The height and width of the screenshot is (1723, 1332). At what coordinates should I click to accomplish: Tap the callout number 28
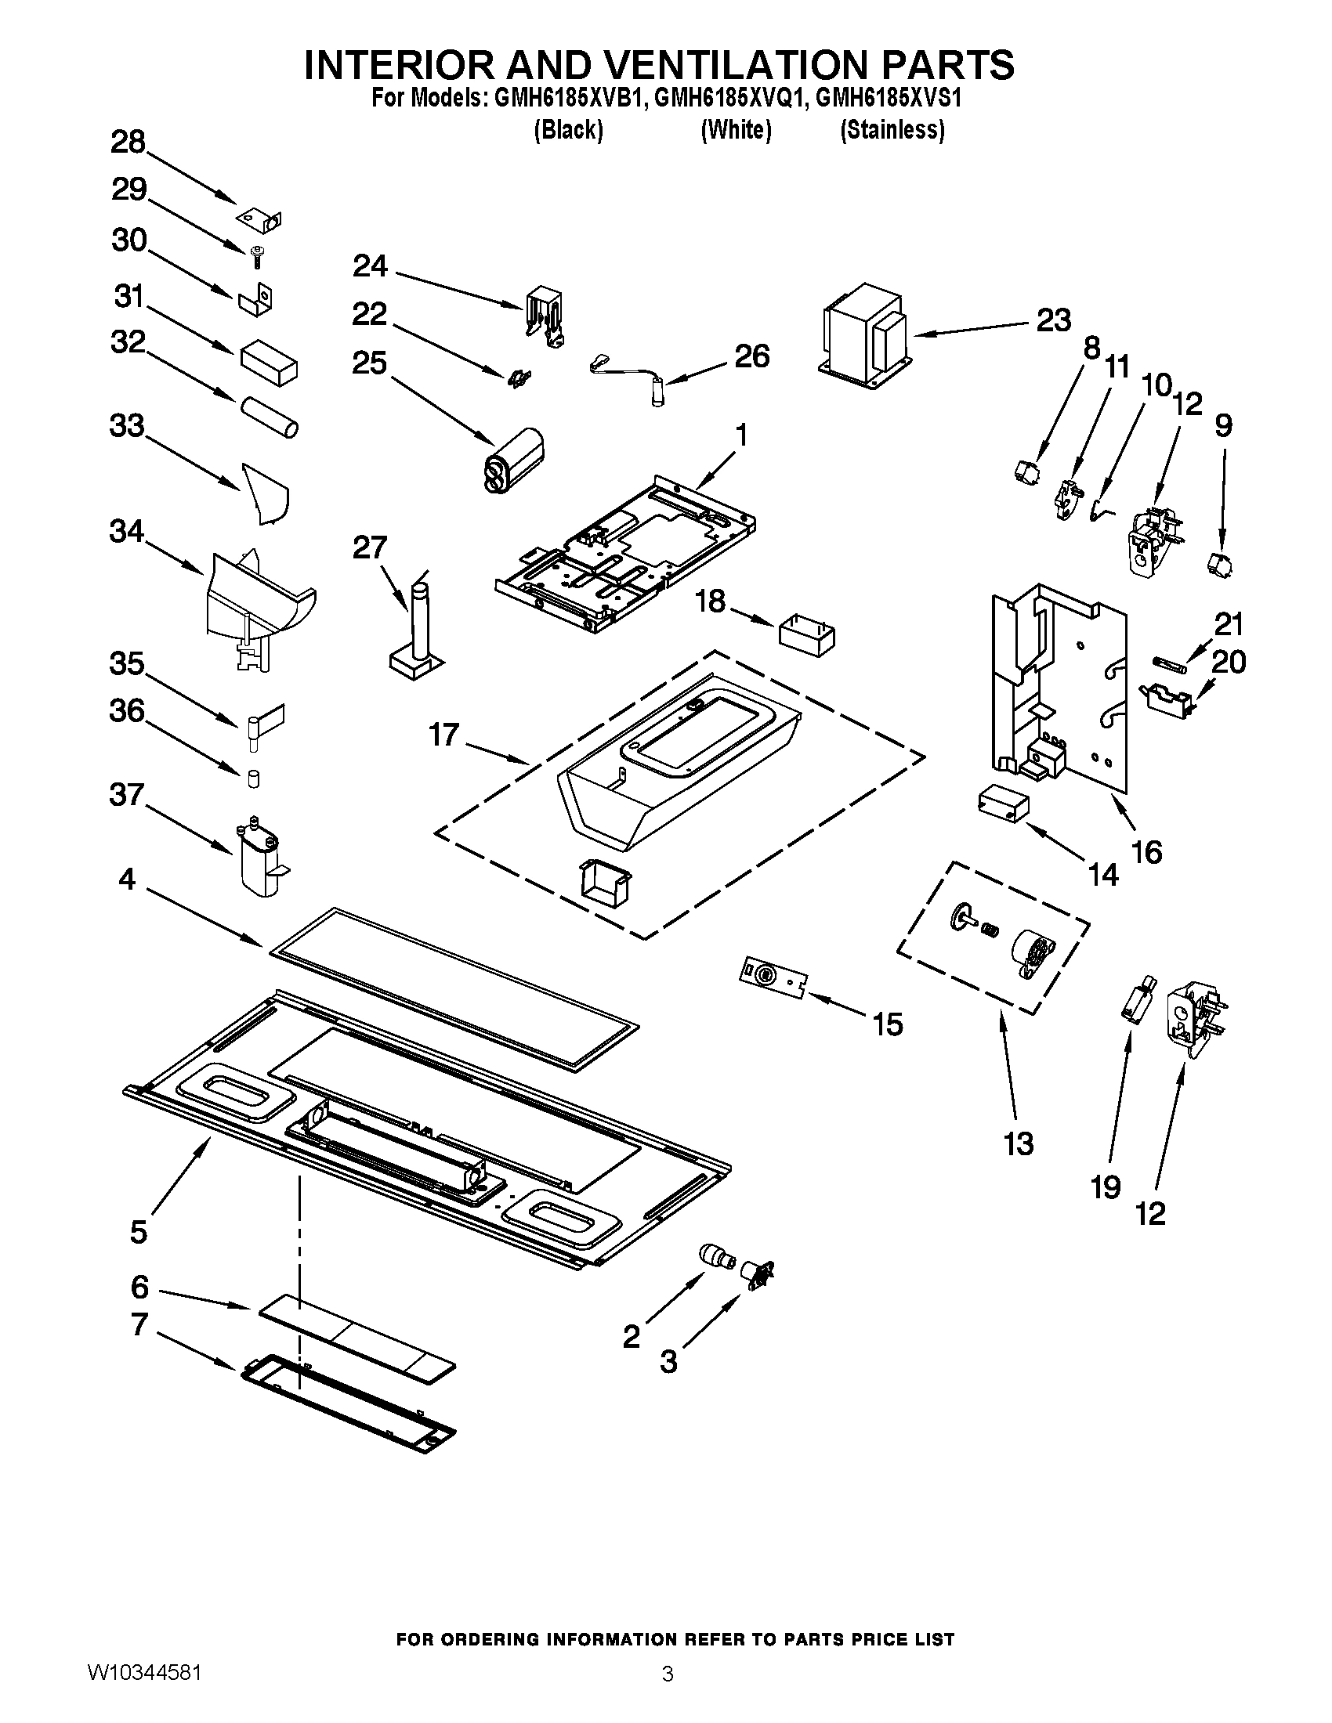(128, 142)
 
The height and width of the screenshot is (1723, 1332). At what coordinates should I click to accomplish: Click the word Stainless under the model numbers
(892, 129)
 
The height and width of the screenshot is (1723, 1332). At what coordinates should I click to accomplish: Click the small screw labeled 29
(256, 255)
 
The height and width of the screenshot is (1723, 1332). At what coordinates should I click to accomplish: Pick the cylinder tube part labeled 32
(269, 418)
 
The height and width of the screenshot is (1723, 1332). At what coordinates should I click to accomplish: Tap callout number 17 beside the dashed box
(443, 735)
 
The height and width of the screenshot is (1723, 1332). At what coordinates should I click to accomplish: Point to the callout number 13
(1018, 1143)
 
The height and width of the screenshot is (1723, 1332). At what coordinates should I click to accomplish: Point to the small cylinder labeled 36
(254, 778)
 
